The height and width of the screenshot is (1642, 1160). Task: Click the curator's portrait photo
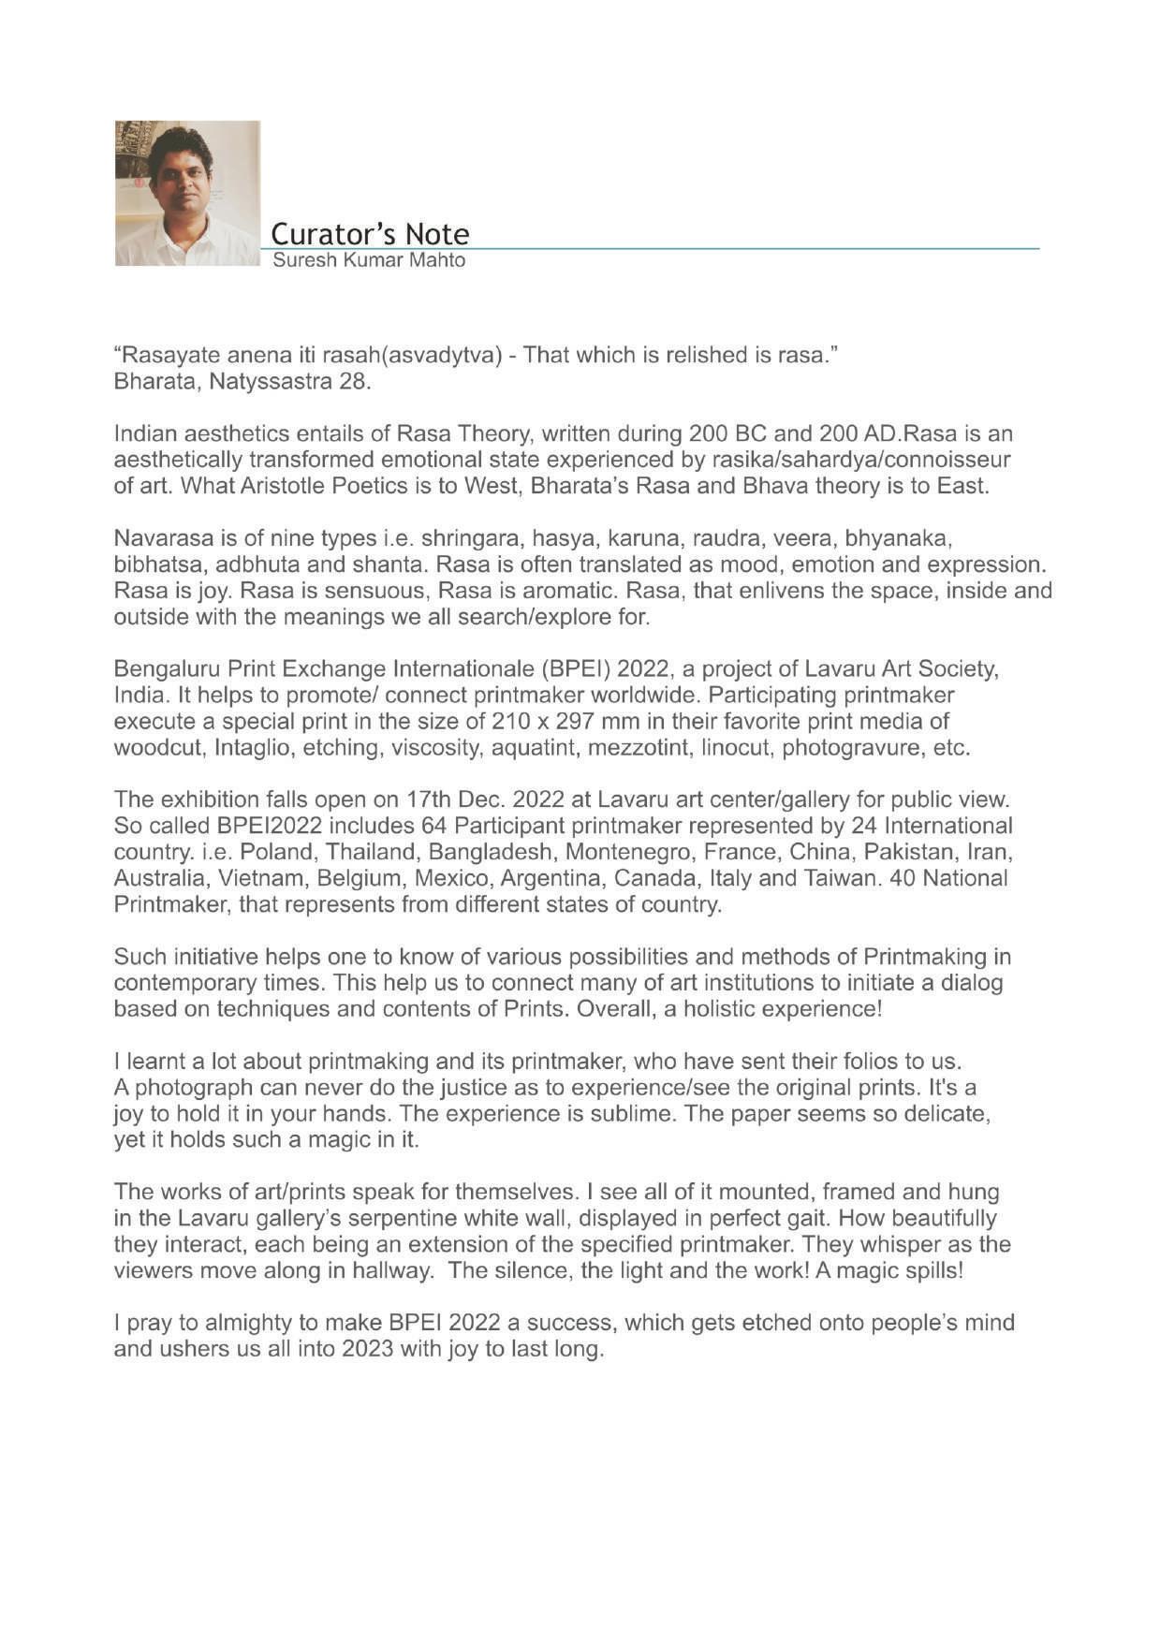(187, 193)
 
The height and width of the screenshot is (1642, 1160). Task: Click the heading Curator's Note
(370, 233)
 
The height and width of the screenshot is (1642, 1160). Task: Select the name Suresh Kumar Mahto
(369, 260)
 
